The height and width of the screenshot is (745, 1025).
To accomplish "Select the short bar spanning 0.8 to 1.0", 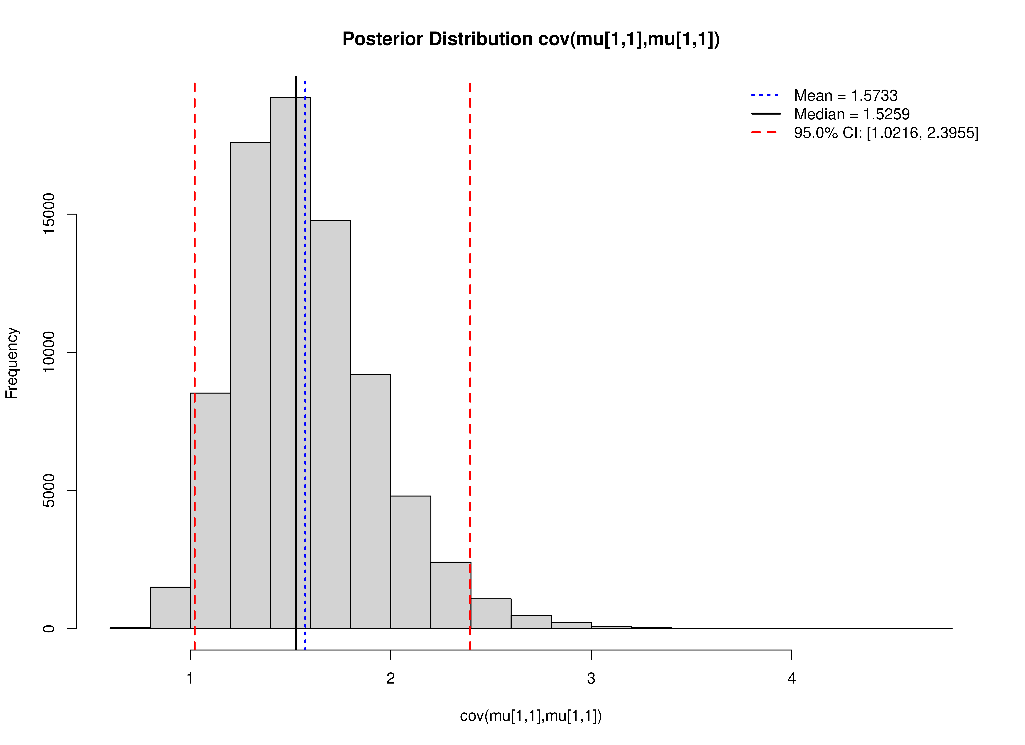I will coord(170,608).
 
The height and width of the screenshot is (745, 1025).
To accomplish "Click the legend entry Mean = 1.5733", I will coord(845,96).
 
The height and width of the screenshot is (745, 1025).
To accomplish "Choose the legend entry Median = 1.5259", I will coord(852,114).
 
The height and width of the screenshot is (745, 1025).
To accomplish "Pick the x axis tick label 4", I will coord(791,679).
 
